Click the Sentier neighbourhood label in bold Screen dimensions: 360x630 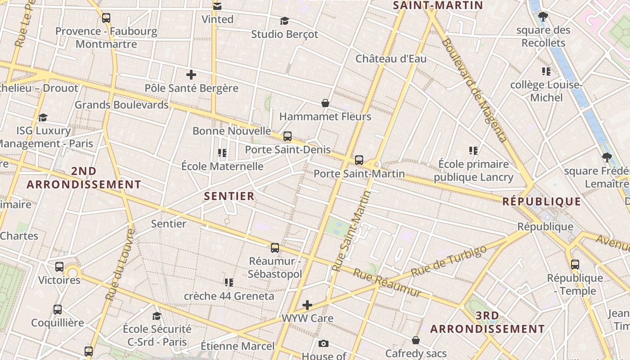(x=229, y=196)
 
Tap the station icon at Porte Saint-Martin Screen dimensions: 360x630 (x=359, y=160)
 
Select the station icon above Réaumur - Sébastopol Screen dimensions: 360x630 (x=274, y=247)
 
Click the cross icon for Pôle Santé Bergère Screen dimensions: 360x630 (x=191, y=74)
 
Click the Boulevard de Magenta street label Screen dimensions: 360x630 (x=475, y=90)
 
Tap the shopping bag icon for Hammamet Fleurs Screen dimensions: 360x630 (x=325, y=103)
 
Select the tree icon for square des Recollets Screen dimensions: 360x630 (x=543, y=17)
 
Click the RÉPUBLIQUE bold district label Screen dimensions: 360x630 (x=541, y=202)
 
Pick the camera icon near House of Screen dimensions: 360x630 (x=323, y=344)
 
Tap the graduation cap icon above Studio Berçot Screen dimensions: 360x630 (x=284, y=21)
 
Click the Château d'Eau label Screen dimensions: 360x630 (x=391, y=58)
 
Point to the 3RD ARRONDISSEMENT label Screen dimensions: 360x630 (x=487, y=323)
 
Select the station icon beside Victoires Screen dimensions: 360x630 (x=59, y=266)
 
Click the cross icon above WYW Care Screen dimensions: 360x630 (x=307, y=305)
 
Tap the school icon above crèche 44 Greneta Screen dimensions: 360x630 (x=229, y=282)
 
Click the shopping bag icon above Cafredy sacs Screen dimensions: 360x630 (x=416, y=340)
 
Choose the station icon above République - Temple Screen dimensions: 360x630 (x=575, y=265)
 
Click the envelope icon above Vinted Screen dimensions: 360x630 (x=217, y=6)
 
